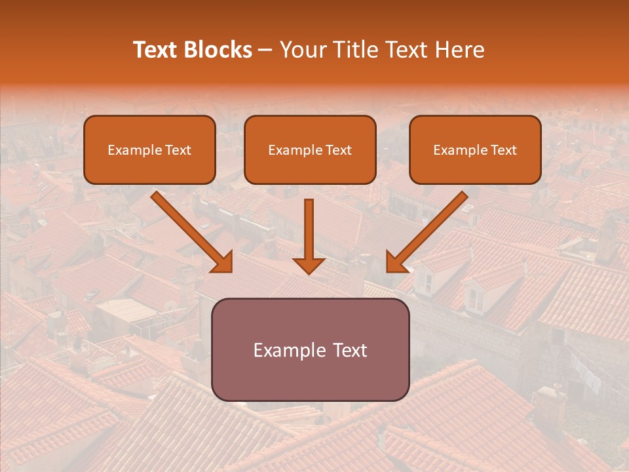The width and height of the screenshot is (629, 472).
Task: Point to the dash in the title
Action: pyautogui.click(x=265, y=50)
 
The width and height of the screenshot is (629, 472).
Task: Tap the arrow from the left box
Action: pyautogui.click(x=190, y=231)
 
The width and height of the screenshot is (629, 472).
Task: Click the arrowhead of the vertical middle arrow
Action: pyautogui.click(x=309, y=264)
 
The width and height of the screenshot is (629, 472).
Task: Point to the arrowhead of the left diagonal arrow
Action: pyautogui.click(x=223, y=262)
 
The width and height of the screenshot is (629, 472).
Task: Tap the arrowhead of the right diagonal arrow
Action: pyautogui.click(x=395, y=262)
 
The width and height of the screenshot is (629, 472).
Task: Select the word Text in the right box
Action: pyautogui.click(x=504, y=150)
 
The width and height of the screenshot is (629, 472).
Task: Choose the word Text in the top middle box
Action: pyautogui.click(x=339, y=150)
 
